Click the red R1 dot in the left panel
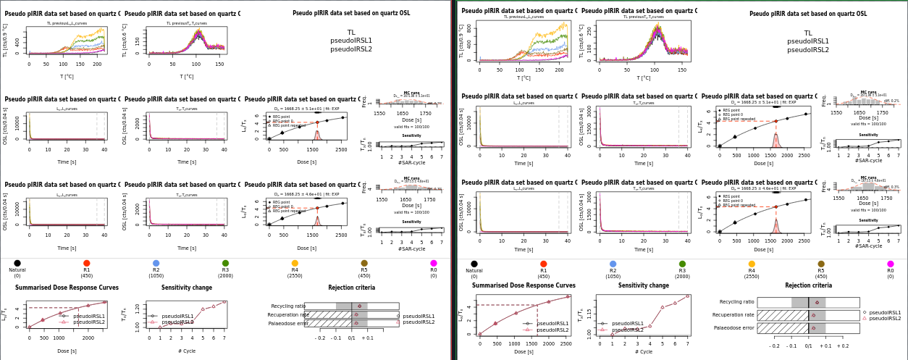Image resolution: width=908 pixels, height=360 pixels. pyautogui.click(x=86, y=263)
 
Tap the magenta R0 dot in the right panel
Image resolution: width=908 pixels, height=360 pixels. pyautogui.click(x=891, y=264)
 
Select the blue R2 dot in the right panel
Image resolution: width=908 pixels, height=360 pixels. pyautogui.click(x=613, y=264)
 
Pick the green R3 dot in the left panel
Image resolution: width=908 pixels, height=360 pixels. pyautogui.click(x=225, y=263)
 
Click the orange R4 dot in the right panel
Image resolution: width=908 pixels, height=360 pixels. pyautogui.click(x=752, y=264)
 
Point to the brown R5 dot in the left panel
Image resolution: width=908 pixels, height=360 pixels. pyautogui.click(x=364, y=263)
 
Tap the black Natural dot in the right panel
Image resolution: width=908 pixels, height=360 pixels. pyautogui.click(x=474, y=264)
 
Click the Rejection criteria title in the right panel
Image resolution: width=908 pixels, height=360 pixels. pyautogui.click(x=808, y=285)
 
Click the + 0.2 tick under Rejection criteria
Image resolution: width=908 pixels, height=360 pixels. pyautogui.click(x=843, y=346)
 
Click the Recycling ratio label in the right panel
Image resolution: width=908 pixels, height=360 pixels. pyautogui.click(x=736, y=302)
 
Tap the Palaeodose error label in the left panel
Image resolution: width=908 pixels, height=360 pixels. pyautogui.click(x=288, y=324)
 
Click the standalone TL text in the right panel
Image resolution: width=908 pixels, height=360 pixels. pyautogui.click(x=808, y=33)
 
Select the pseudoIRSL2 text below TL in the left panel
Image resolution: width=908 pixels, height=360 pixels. pyautogui.click(x=351, y=49)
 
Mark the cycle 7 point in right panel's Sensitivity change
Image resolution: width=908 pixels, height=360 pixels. pyautogui.click(x=687, y=296)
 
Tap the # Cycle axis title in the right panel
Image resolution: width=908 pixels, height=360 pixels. pyautogui.click(x=644, y=351)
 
